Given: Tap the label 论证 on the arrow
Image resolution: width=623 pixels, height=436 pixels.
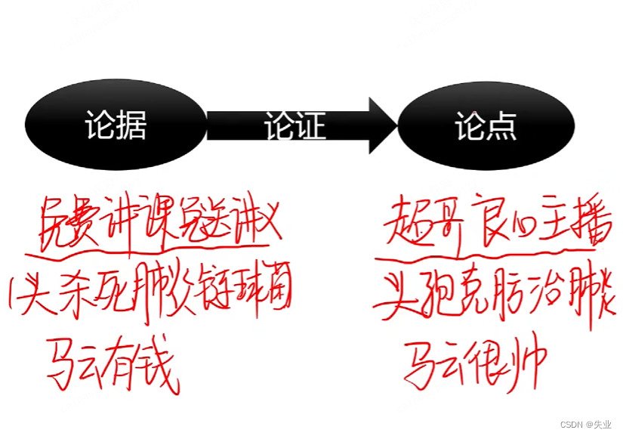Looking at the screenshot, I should click(x=295, y=125).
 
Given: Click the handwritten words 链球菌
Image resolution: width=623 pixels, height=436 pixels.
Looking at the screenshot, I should click(x=252, y=295).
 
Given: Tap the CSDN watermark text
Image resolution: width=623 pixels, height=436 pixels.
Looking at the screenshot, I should click(x=582, y=424).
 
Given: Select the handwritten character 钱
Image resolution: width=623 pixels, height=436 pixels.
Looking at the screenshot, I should click(x=159, y=363).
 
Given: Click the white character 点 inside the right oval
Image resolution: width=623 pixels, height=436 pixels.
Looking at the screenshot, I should click(x=501, y=125).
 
